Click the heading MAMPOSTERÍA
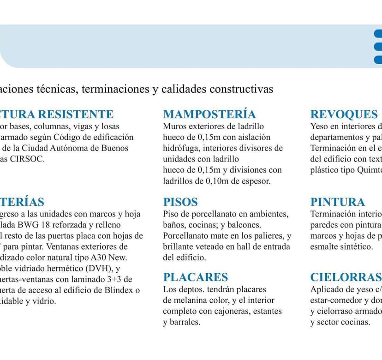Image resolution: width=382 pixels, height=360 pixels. click(x=209, y=114)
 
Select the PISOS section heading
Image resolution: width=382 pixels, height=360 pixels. click(x=180, y=202)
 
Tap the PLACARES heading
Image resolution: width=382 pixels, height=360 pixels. click(x=196, y=277)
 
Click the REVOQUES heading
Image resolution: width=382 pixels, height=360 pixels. click(x=344, y=114)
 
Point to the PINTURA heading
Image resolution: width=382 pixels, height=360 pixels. click(x=338, y=202)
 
